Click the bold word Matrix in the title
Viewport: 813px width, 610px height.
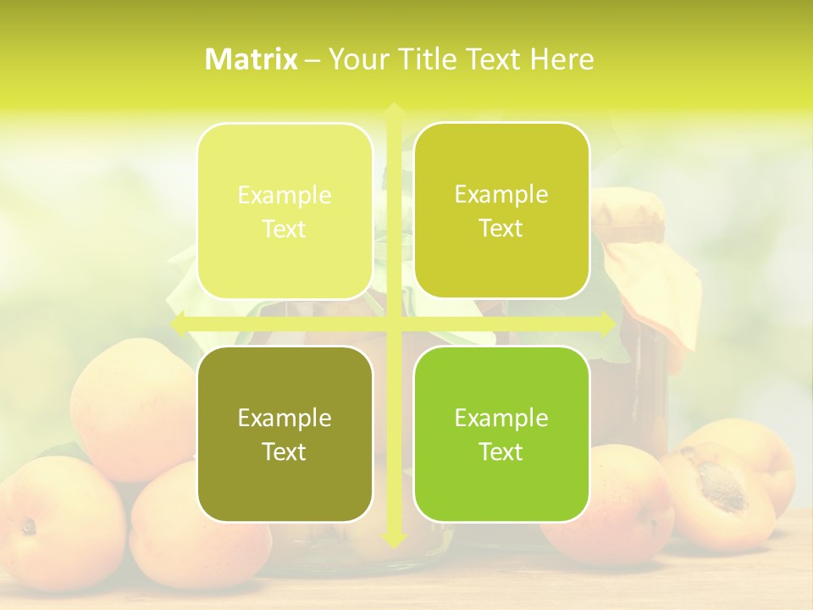click(x=252, y=59)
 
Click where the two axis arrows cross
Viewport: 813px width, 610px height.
click(x=393, y=324)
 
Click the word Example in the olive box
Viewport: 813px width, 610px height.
click(x=285, y=418)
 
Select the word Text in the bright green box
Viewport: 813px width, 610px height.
click(x=501, y=452)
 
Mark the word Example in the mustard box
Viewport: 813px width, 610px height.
click(x=501, y=195)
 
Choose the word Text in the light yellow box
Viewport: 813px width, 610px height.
click(x=285, y=229)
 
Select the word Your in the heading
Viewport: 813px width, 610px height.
click(x=352, y=59)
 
